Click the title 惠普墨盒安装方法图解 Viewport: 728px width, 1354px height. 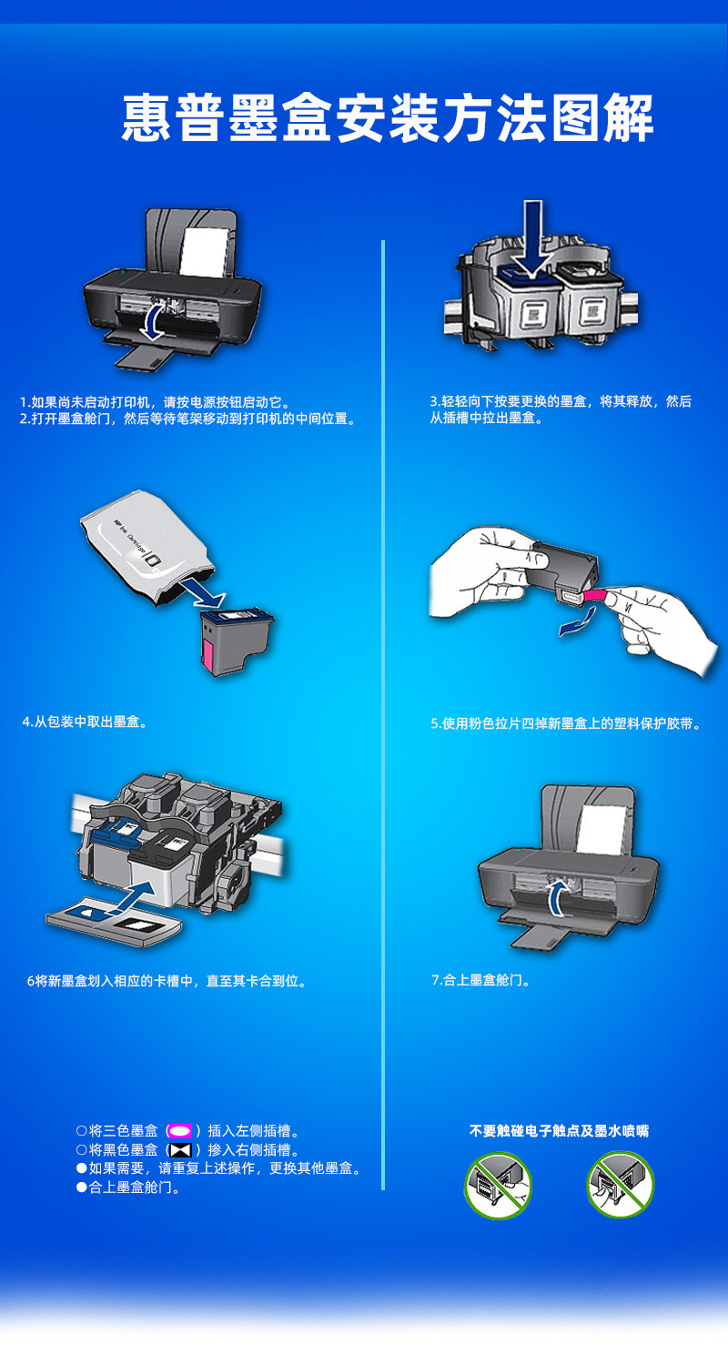click(387, 118)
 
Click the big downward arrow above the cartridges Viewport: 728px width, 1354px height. click(532, 238)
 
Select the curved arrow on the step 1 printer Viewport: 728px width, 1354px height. click(152, 320)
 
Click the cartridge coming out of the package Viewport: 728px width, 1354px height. click(236, 642)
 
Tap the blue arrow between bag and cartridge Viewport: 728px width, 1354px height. click(203, 592)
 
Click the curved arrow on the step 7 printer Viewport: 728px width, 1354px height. click(558, 897)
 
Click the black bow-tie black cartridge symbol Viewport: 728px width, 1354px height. click(181, 1149)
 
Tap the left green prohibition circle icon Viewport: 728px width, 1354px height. click(499, 1185)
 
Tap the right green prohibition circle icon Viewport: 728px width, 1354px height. click(621, 1184)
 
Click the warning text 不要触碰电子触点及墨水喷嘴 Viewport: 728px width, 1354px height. click(560, 1131)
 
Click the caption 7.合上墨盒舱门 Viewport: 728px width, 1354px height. click(480, 980)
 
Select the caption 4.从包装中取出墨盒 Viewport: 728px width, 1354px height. click(85, 722)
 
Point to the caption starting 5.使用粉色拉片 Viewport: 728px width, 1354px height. click(566, 723)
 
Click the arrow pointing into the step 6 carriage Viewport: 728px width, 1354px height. click(133, 895)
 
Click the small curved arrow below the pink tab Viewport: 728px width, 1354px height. click(577, 622)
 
